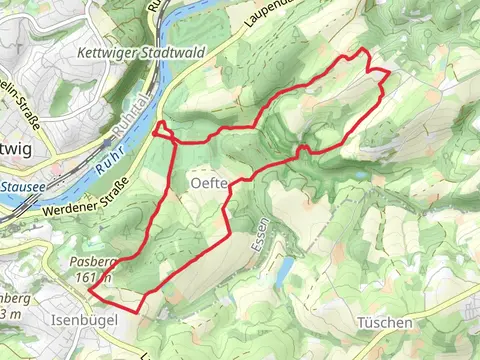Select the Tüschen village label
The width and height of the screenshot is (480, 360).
[x=383, y=322]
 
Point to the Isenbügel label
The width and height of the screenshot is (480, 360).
[x=83, y=319]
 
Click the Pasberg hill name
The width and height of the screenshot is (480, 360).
[x=96, y=262]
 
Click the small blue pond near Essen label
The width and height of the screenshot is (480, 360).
[x=284, y=269]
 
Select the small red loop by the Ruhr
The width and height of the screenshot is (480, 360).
[x=163, y=131]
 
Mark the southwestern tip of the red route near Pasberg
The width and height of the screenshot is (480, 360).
[x=90, y=290]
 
